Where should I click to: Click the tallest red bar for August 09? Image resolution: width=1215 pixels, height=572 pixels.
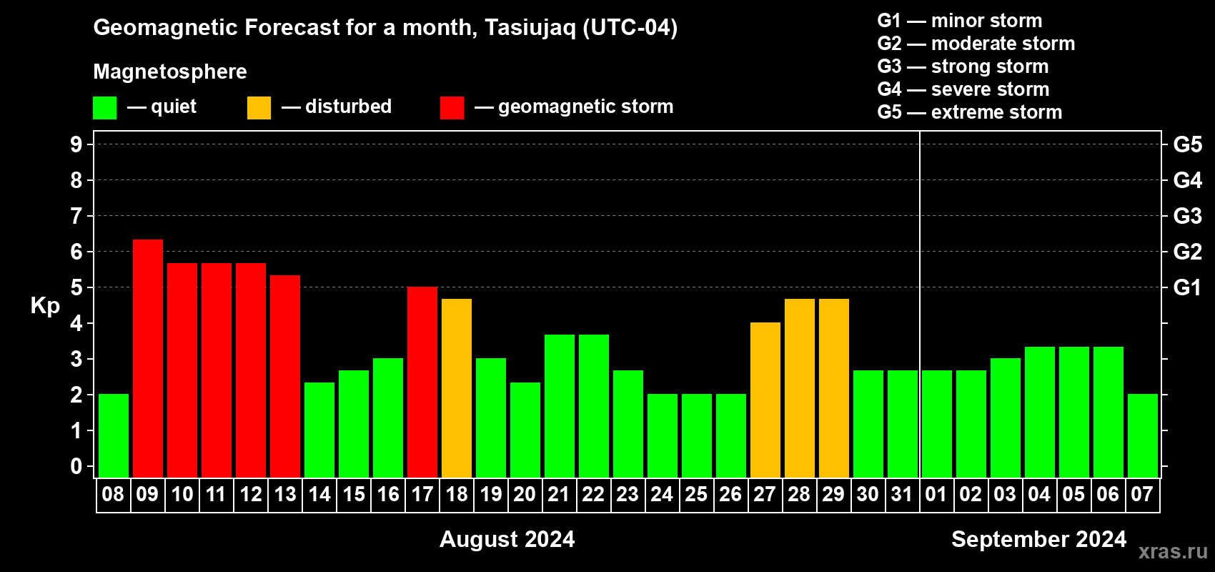coord(147,358)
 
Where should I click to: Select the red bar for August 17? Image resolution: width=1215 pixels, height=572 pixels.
coord(422,382)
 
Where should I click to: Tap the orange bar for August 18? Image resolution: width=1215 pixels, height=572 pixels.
coord(456,388)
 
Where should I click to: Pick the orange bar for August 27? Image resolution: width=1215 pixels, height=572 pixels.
coord(765,400)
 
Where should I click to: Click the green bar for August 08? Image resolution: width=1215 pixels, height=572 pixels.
coord(114,435)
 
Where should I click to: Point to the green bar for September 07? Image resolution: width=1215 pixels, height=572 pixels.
coord(1142,435)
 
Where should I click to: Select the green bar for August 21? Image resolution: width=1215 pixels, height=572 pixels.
coord(559,406)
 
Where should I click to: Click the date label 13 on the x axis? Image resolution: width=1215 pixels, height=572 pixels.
coord(284,494)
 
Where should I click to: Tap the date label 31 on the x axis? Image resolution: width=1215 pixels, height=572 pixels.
coord(902,494)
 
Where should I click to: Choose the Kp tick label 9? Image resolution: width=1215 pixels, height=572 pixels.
coord(76,144)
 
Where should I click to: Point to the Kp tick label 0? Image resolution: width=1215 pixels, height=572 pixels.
coord(76,466)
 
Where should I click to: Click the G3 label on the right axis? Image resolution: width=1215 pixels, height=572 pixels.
coord(1187,216)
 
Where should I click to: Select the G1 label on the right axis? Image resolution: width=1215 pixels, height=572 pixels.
coord(1187,287)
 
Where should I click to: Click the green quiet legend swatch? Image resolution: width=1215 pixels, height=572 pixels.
coord(104,107)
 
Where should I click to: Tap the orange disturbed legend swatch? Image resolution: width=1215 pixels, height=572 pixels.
coord(259,107)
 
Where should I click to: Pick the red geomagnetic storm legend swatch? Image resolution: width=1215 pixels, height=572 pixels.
coord(452,107)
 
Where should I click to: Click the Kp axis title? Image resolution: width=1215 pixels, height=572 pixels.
coord(45,306)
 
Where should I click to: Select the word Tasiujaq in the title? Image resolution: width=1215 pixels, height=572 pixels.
coord(530,28)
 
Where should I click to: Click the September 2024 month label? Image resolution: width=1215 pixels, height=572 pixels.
coord(1038,539)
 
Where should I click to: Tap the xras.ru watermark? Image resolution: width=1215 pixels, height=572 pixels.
coord(1173,551)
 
